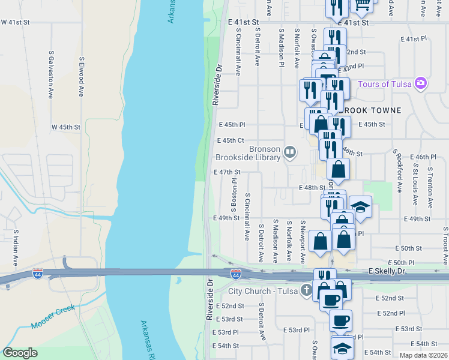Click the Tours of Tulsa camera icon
coord(422,83)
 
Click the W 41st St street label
coord(16,22)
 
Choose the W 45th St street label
coord(65,127)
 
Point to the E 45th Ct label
coord(230,141)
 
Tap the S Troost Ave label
coord(445,245)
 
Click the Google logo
coord(20,353)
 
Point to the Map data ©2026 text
coord(423,355)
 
